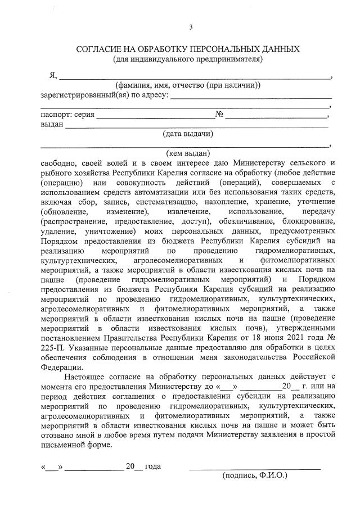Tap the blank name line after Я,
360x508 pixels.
(x=195, y=76)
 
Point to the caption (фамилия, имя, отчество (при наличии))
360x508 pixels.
(x=187, y=86)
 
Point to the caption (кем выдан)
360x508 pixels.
(x=188, y=153)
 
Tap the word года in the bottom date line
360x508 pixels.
(x=153, y=466)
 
